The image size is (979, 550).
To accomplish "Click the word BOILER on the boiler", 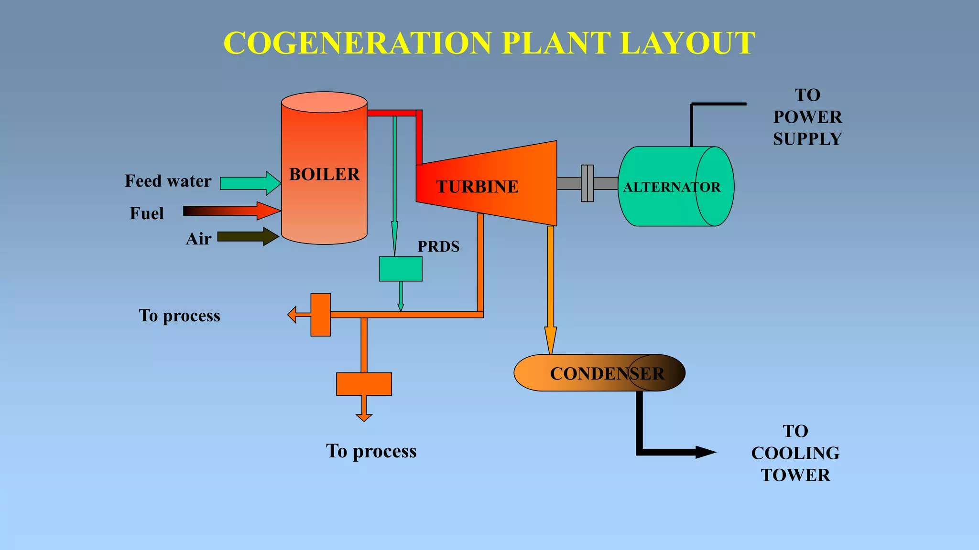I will pos(324,174).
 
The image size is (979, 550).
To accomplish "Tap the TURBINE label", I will pos(477,187).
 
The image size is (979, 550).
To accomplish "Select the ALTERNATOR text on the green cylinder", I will pos(671,187).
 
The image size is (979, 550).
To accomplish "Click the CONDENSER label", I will pos(607,373).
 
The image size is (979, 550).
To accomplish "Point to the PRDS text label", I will pos(438,246).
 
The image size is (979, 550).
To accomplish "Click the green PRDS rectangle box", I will pos(401,269).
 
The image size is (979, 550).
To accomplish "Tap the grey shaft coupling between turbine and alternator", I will pos(587,183).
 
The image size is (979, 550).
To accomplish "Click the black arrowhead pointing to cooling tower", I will pos(705,452).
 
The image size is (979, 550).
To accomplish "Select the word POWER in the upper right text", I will pos(807,117).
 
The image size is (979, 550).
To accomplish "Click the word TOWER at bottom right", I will pos(795,475).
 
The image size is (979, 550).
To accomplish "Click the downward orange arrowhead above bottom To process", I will pos(364,417).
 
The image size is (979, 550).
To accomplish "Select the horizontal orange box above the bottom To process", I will pos(364,384).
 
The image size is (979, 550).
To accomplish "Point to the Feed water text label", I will pos(168,181).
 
